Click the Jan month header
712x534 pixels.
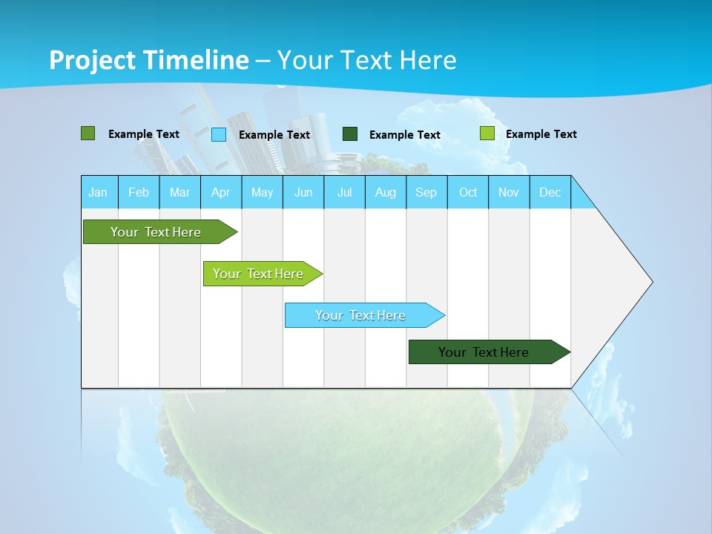click(99, 192)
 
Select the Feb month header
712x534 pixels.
click(139, 192)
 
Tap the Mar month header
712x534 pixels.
click(179, 192)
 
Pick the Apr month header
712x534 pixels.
click(220, 192)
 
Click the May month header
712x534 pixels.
click(262, 192)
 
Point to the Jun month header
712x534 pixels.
click(303, 192)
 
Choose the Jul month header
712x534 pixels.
click(344, 192)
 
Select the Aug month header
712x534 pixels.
click(386, 192)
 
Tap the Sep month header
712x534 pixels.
click(426, 192)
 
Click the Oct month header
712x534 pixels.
click(468, 192)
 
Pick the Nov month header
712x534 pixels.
click(509, 192)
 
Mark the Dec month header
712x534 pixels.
click(550, 192)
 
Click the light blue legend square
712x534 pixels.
click(219, 134)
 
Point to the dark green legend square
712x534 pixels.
click(350, 134)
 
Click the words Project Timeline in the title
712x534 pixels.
click(149, 60)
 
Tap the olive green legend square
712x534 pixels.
click(88, 133)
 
